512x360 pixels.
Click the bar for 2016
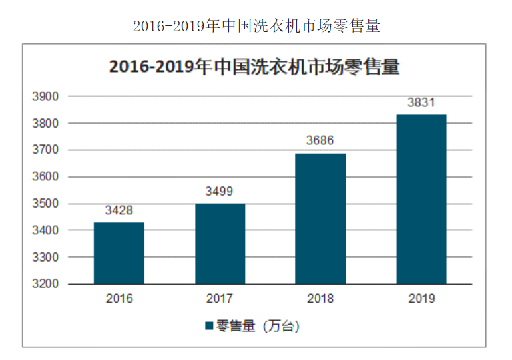click(x=119, y=253)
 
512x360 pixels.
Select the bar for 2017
click(x=220, y=244)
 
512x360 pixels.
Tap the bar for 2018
click(x=320, y=218)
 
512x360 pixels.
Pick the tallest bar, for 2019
click(x=421, y=199)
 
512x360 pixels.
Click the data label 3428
click(x=119, y=211)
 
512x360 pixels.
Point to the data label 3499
click(x=220, y=192)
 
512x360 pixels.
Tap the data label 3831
click(x=421, y=104)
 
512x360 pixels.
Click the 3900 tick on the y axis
click(x=45, y=97)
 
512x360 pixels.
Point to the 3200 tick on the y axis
click(x=45, y=284)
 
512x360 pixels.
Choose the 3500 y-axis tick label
click(x=45, y=204)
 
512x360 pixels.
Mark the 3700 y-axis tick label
click(x=45, y=150)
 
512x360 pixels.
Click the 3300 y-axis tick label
click(x=45, y=257)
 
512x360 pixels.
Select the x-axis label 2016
click(x=119, y=299)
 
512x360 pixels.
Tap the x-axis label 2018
click(x=320, y=299)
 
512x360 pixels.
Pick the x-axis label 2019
click(x=421, y=299)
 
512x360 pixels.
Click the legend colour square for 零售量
click(x=209, y=326)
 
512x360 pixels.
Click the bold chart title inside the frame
click(x=254, y=67)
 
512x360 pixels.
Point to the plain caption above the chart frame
click(x=256, y=26)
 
